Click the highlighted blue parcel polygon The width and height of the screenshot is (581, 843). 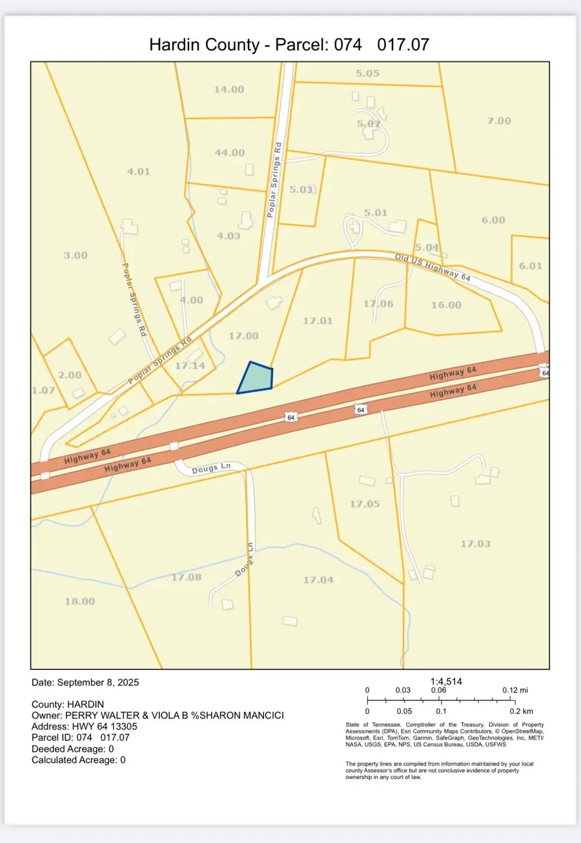click(x=256, y=379)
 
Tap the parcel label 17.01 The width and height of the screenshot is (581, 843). click(x=317, y=320)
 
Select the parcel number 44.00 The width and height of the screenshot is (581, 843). click(x=229, y=153)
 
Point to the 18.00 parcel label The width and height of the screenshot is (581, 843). click(x=80, y=601)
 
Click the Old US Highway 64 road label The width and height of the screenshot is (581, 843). click(x=433, y=267)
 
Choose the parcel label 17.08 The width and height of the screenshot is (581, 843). click(x=186, y=577)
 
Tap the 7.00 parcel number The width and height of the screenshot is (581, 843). click(x=498, y=121)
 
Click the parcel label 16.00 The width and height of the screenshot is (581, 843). click(x=446, y=305)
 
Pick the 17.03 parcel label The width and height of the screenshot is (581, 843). click(x=475, y=543)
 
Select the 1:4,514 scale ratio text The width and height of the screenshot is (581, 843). click(x=446, y=681)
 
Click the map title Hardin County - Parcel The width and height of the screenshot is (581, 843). click(x=289, y=45)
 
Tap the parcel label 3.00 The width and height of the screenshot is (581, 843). click(x=76, y=255)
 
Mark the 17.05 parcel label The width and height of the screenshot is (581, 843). click(x=365, y=503)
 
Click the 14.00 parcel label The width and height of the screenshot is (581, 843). click(x=229, y=89)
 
